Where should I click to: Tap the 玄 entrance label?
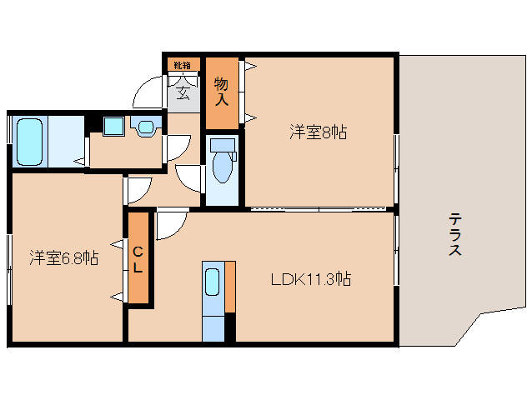pyautogui.click(x=183, y=92)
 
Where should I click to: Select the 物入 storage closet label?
pyautogui.click(x=221, y=92)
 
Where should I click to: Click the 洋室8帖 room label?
pyautogui.click(x=319, y=132)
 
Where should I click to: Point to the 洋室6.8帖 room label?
pyautogui.click(x=65, y=257)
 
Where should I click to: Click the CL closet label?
pyautogui.click(x=138, y=259)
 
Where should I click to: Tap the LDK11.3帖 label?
pyautogui.click(x=310, y=279)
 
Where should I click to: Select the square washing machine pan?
pyautogui.click(x=113, y=127)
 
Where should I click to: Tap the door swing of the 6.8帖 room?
pyautogui.click(x=138, y=190)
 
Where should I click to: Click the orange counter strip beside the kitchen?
pyautogui.click(x=230, y=287)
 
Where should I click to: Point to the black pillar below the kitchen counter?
pyautogui.click(x=230, y=327)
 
